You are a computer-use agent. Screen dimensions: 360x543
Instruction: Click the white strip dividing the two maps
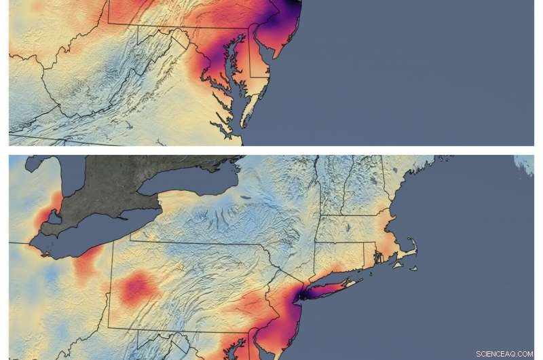pyautogui.click(x=271, y=150)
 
